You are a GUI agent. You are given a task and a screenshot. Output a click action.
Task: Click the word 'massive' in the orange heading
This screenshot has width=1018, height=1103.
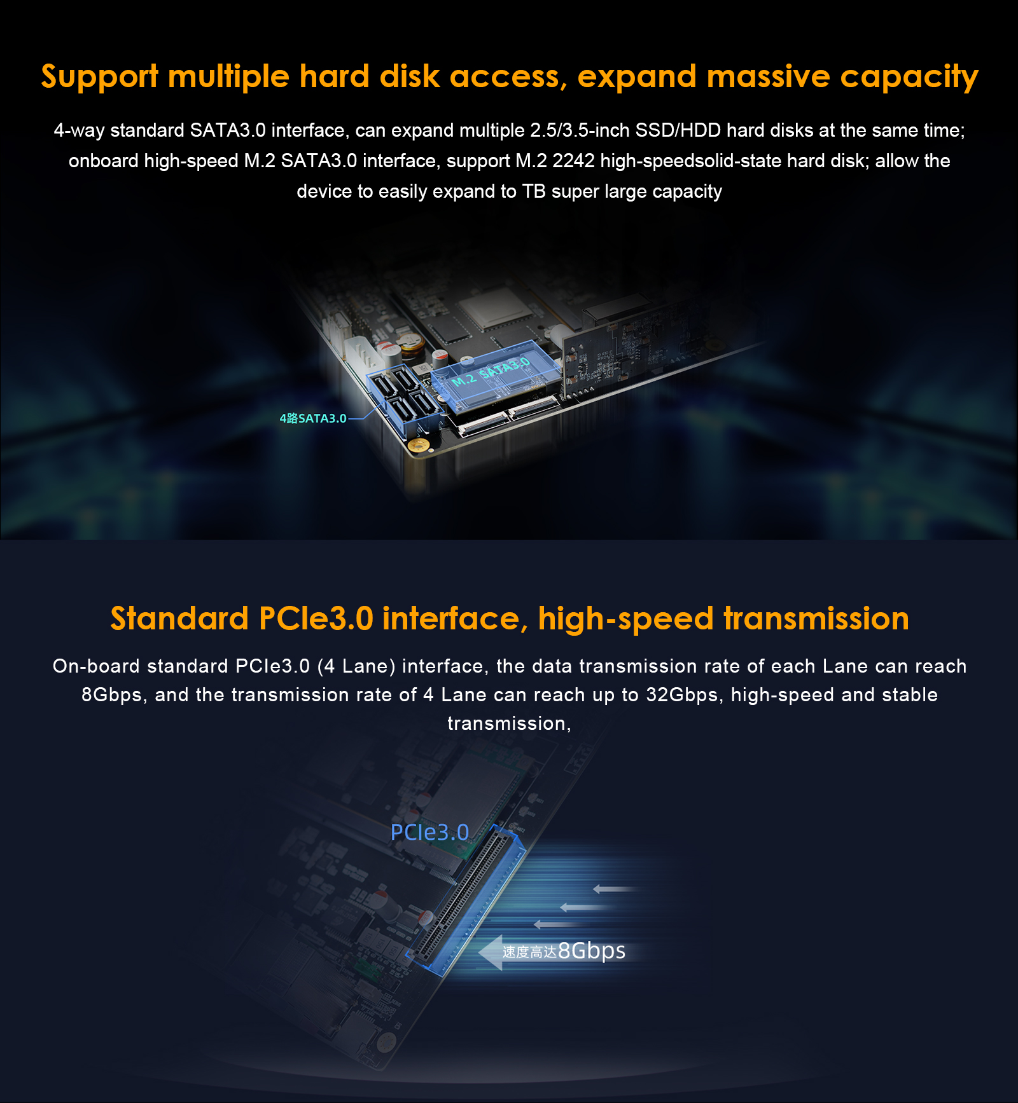point(768,76)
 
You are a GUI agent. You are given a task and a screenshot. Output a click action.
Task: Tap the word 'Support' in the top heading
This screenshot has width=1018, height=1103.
point(99,78)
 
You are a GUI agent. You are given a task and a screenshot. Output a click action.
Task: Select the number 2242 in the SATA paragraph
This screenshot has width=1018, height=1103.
point(573,161)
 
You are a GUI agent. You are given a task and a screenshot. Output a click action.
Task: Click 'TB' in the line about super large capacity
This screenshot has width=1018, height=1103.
point(534,191)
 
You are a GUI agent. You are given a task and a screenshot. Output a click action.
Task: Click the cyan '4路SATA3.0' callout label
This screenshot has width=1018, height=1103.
point(313,418)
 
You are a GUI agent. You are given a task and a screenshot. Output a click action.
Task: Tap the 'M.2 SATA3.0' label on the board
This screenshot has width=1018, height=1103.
point(491,373)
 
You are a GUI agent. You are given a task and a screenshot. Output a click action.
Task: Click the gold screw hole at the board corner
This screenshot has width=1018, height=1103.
point(418,445)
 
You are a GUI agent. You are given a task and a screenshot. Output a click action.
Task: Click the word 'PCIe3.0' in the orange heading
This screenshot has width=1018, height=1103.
point(316,619)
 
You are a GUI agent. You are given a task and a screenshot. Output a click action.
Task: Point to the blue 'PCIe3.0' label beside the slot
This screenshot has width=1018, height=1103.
point(429,832)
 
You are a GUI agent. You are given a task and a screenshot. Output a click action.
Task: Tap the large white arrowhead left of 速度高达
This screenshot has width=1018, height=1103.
point(491,952)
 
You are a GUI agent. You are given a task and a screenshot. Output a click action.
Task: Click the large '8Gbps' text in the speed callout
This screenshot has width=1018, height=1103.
point(592,950)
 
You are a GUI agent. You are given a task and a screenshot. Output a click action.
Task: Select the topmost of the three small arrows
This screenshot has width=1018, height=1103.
point(615,889)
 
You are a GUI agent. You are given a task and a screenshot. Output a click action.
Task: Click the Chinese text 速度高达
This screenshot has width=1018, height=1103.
point(529,952)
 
